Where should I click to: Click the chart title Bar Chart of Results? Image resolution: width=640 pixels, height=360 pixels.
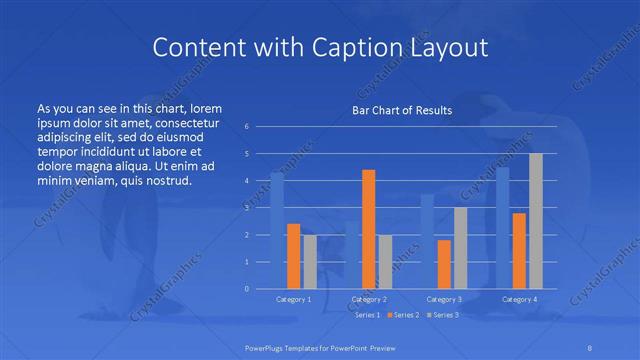(x=402, y=110)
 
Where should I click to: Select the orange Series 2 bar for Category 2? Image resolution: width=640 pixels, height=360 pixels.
(x=368, y=229)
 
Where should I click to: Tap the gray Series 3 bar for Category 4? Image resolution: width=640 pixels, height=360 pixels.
(x=535, y=221)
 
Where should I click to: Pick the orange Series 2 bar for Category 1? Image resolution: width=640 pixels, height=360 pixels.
(x=293, y=256)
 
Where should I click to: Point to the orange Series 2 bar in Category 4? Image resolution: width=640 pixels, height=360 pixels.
(x=519, y=251)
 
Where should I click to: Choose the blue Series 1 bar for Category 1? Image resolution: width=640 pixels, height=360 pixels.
(x=277, y=230)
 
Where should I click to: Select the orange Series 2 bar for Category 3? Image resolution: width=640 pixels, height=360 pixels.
(x=444, y=264)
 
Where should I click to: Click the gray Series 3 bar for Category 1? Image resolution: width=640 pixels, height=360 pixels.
(x=309, y=262)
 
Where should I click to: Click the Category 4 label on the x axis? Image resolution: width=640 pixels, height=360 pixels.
(x=519, y=299)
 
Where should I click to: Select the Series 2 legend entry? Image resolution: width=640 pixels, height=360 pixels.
(x=404, y=315)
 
